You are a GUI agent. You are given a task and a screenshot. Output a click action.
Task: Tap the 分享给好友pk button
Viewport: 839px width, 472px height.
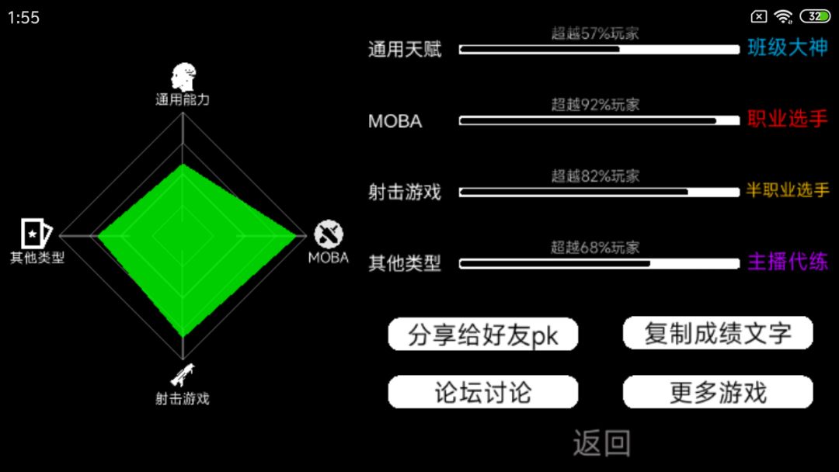point(482,335)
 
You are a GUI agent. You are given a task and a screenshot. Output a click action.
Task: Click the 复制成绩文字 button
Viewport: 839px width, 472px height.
point(718,333)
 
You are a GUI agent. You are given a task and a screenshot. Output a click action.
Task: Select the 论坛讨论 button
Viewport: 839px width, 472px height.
point(482,392)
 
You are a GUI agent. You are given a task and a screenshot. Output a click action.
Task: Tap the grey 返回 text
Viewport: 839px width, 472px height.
point(602,443)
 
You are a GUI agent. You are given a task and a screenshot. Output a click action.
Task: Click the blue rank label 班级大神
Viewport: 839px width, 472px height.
point(788,47)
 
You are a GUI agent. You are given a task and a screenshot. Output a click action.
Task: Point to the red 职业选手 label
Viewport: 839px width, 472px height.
point(788,119)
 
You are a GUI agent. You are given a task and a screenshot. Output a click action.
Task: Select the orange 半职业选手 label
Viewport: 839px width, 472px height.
point(788,189)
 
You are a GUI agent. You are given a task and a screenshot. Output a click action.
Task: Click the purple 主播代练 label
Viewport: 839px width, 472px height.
point(788,262)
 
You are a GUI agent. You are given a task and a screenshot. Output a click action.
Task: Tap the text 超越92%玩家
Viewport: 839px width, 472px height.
point(596,104)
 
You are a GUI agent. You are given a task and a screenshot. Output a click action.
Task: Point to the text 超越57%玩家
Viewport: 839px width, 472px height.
point(596,33)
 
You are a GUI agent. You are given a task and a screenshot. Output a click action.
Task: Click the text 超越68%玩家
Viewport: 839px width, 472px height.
point(596,247)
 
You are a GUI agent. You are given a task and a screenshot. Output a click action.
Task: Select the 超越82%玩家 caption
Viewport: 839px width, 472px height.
point(596,176)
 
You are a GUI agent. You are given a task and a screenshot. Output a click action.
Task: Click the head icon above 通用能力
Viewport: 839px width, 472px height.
point(183,77)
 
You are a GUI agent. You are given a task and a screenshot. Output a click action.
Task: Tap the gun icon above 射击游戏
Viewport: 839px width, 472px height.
point(183,375)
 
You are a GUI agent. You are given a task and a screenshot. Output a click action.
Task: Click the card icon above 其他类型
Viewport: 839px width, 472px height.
point(37,233)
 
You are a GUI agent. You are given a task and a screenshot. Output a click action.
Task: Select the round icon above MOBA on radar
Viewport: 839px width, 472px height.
point(329,234)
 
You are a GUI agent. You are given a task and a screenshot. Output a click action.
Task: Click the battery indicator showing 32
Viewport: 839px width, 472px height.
point(815,16)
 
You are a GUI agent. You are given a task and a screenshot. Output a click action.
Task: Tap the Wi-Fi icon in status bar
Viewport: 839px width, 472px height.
point(783,17)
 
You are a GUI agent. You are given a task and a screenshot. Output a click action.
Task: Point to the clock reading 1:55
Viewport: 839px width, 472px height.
point(23,18)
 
